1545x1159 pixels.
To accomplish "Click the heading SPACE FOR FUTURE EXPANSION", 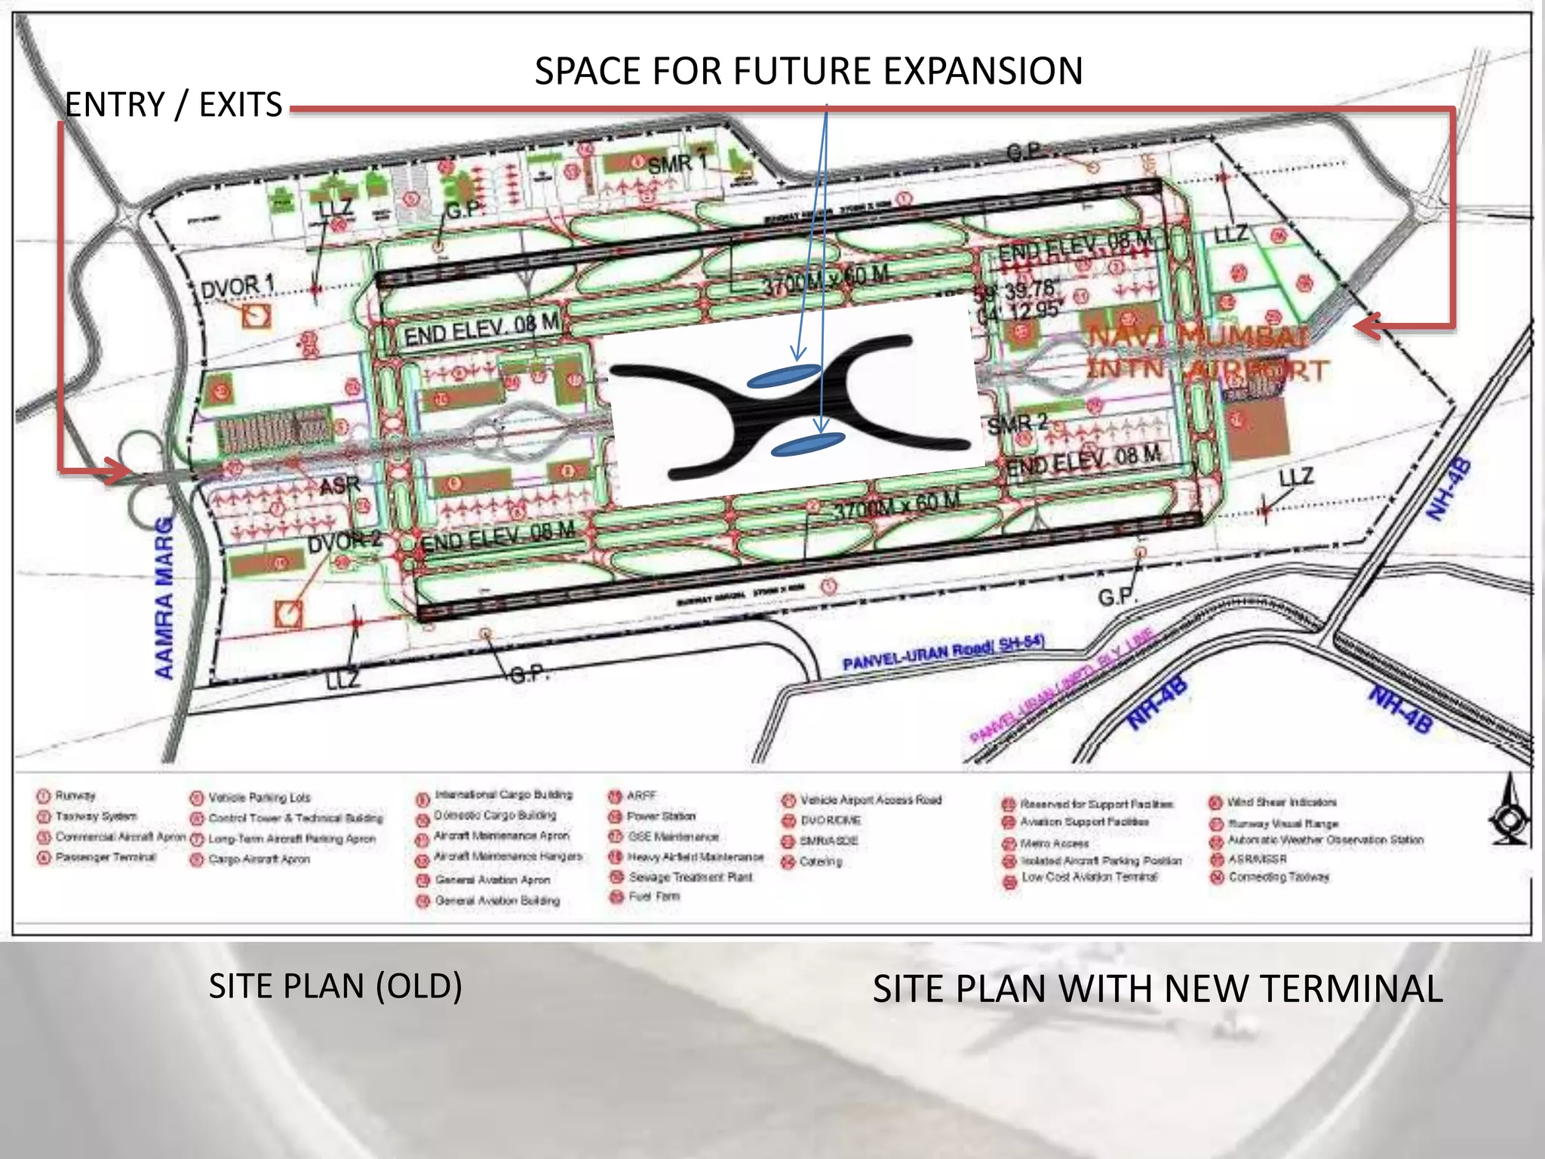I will pos(808,72).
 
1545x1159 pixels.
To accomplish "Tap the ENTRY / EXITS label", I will pos(174,105).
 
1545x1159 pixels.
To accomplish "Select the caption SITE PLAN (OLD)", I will pos(336,986).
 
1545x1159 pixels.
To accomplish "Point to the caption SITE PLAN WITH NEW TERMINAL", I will pos(1157,989).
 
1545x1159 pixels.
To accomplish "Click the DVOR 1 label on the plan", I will pos(237,287).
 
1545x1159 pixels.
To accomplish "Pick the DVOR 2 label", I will pos(345,542).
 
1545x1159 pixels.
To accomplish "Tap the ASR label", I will pos(339,485).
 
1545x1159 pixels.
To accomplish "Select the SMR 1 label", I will pos(677,164).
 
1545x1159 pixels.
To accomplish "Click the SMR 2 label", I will pos(1018,424).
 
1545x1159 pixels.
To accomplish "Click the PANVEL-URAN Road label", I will pos(943,652).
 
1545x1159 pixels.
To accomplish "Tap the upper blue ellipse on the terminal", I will pos(784,375).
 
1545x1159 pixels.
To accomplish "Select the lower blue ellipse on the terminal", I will pos(807,444).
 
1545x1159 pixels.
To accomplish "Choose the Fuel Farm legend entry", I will pos(654,896).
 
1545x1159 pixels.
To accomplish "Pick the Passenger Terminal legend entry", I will pos(105,857).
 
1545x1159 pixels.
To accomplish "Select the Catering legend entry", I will pos(820,861).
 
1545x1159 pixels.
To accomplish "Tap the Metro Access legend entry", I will pos(1054,843).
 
